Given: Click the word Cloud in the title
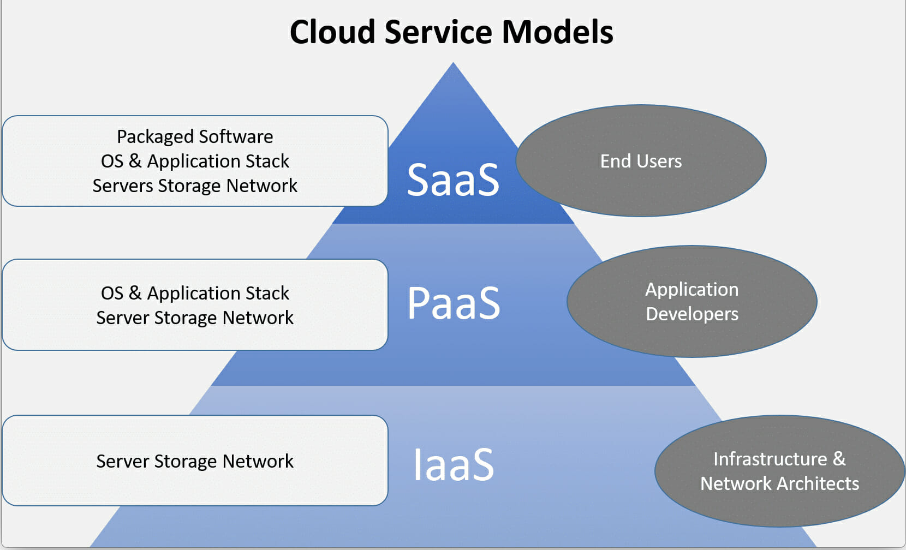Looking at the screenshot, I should [x=332, y=32].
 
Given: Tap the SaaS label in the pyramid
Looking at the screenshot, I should [x=453, y=180].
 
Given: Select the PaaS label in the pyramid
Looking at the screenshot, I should [x=454, y=303].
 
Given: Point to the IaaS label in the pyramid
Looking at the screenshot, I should [x=454, y=464].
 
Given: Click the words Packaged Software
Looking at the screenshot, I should [x=195, y=136].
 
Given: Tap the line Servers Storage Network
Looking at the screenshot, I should [x=195, y=186].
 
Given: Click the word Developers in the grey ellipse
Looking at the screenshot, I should [x=692, y=314].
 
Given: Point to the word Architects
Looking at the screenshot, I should [x=818, y=483].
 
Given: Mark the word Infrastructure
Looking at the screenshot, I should [x=770, y=459].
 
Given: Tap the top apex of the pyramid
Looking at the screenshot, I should [x=453, y=64].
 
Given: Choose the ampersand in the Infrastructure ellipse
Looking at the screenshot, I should [x=839, y=459].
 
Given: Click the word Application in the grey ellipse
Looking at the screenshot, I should [x=692, y=289].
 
